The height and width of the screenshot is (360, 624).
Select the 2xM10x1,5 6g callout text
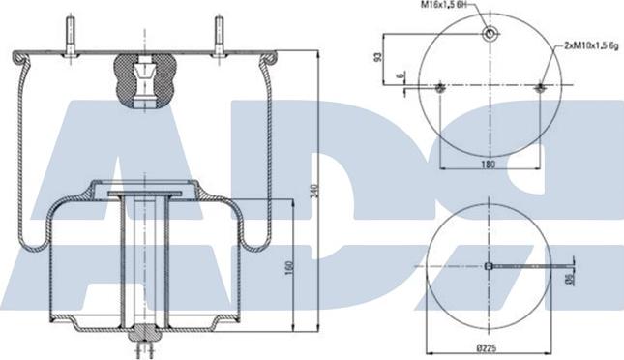click(591, 45)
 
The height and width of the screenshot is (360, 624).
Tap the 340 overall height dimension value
click(313, 191)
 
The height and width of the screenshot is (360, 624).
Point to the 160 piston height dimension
click(289, 268)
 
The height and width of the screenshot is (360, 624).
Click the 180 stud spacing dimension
click(488, 164)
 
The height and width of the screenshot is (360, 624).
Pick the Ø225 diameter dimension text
click(487, 348)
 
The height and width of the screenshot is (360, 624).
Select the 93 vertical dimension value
click(378, 57)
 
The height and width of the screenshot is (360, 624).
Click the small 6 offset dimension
click(401, 75)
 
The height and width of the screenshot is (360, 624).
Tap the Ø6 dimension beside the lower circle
click(569, 280)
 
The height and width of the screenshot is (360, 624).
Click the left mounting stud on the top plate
click(71, 36)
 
